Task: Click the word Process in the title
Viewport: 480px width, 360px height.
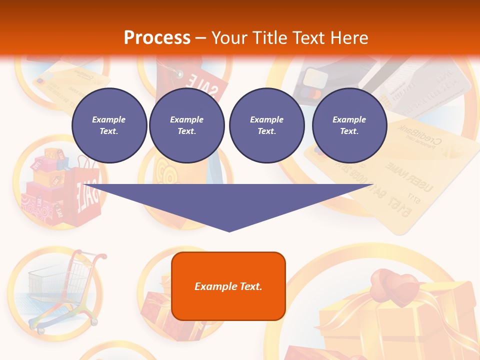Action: pyautogui.click(x=157, y=38)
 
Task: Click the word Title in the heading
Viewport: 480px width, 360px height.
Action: pyautogui.click(x=269, y=38)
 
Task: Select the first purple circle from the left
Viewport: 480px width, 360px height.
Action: pyautogui.click(x=109, y=125)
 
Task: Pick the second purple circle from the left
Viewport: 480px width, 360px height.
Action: pyautogui.click(x=187, y=125)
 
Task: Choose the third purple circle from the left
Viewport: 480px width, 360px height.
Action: pyautogui.click(x=266, y=125)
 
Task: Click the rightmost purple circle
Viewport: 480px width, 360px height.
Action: pyautogui.click(x=349, y=125)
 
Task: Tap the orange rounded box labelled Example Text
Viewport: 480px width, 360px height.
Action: pyautogui.click(x=228, y=286)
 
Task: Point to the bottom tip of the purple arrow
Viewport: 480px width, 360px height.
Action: pyautogui.click(x=229, y=230)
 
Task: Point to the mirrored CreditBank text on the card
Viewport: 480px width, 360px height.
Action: pyautogui.click(x=417, y=137)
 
